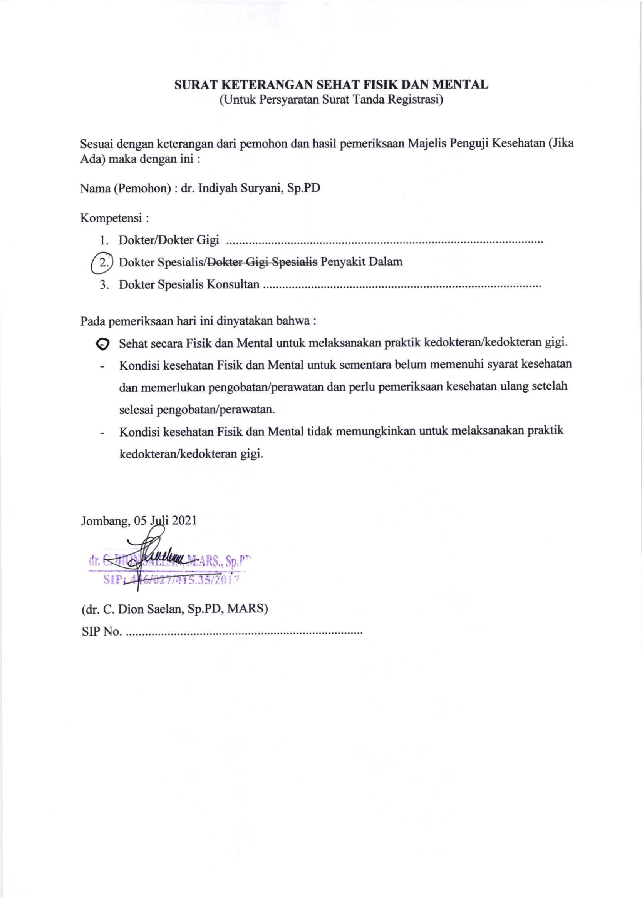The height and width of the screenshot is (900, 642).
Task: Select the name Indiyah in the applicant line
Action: click(x=216, y=188)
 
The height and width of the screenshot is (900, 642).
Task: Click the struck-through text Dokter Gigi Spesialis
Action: click(x=262, y=261)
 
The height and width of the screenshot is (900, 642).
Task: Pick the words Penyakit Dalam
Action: click(x=361, y=261)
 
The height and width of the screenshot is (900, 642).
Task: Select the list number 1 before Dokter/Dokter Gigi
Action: click(x=104, y=240)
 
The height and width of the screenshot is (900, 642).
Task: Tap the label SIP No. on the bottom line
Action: click(x=102, y=631)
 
